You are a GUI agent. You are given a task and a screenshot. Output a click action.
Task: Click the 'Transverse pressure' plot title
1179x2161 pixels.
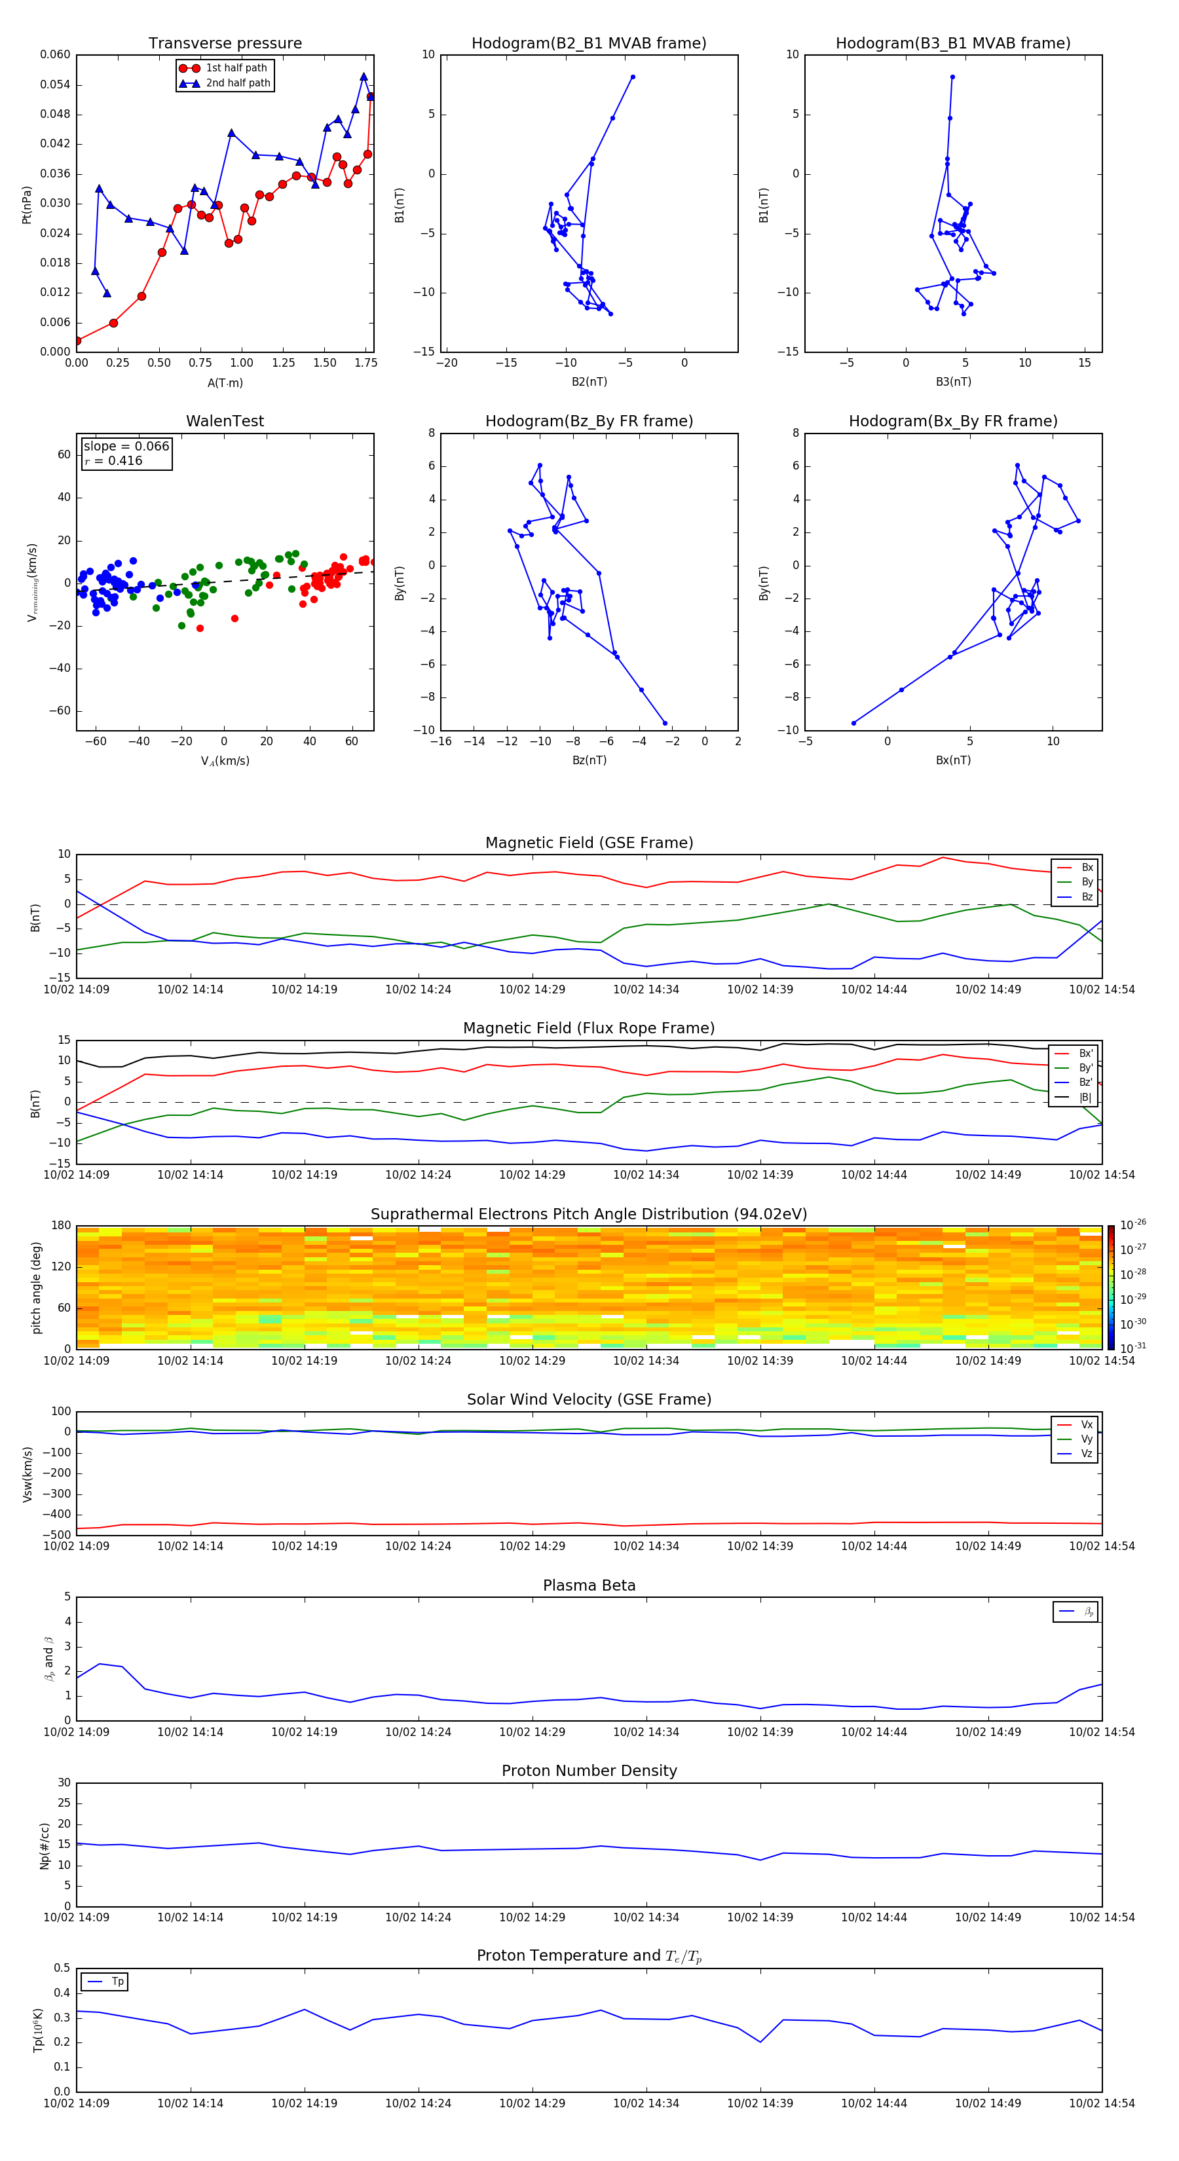225,44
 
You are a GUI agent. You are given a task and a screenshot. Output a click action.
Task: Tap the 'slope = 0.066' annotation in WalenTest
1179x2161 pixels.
126,447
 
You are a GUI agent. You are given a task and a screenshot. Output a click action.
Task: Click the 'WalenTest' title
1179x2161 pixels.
225,421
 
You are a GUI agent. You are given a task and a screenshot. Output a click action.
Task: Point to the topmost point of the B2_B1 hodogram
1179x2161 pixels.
633,77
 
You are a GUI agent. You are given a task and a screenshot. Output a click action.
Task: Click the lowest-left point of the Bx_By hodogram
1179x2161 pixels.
853,723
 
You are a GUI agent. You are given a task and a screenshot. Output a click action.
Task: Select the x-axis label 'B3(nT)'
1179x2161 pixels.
953,382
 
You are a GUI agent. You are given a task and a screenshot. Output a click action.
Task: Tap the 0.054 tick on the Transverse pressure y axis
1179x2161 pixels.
56,84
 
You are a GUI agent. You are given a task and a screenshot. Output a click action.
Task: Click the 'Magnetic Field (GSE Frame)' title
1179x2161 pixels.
589,843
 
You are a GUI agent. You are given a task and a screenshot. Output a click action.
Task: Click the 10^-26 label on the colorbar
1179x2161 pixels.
1132,1224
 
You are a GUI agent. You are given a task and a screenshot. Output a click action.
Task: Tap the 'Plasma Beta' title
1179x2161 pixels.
589,1585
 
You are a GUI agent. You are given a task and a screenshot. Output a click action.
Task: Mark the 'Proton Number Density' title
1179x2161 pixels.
589,1771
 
